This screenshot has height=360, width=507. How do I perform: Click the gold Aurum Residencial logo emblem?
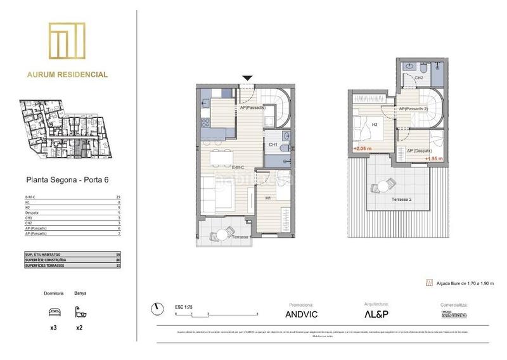tap(67, 42)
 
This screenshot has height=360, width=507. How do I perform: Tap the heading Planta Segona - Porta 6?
tap(67, 179)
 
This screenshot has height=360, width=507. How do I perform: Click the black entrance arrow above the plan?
tap(248, 79)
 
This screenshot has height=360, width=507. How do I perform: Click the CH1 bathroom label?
tap(273, 145)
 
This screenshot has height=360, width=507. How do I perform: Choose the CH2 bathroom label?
tap(419, 78)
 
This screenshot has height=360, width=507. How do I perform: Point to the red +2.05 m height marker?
tap(362, 149)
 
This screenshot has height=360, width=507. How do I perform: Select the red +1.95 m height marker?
tap(433, 158)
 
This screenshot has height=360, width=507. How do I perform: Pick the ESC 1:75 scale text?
tap(184, 306)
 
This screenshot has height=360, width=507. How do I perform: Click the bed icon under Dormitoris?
tap(55, 312)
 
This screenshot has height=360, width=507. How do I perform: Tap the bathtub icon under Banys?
tap(80, 312)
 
